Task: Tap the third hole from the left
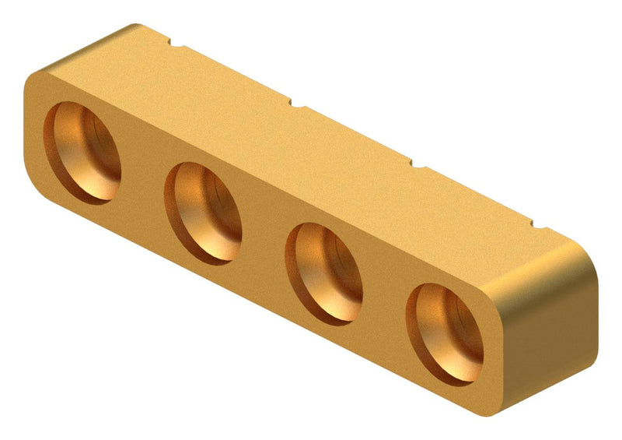[x=325, y=273]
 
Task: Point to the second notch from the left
[x=295, y=102]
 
